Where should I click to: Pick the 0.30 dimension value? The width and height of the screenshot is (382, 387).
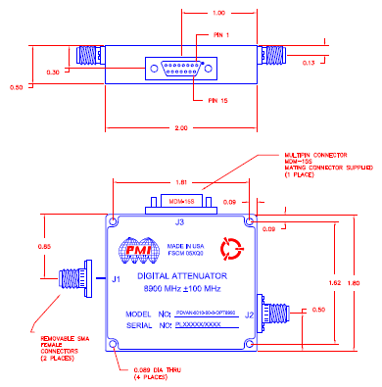coord(54,72)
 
